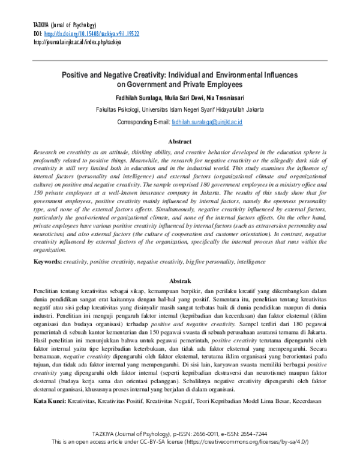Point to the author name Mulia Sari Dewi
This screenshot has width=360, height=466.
[190, 97]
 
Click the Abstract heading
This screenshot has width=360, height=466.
[180, 142]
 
